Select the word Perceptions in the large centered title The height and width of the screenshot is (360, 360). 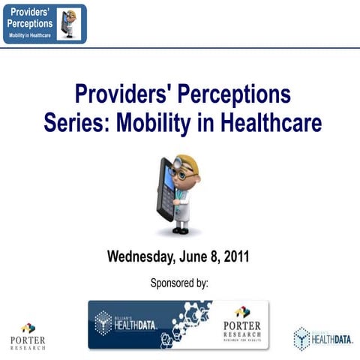coord(226,95)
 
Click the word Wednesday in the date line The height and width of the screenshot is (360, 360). coord(142,256)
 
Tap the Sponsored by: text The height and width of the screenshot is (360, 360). coord(179,283)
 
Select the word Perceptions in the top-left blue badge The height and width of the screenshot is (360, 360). coord(31,25)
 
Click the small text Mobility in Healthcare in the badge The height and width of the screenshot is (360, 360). coord(31,36)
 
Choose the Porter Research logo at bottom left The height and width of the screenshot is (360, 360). coord(28,336)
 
